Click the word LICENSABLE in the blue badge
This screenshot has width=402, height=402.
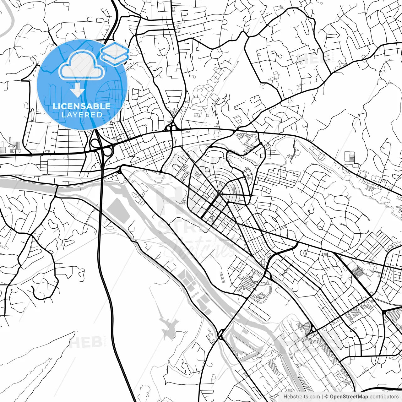coord(82,106)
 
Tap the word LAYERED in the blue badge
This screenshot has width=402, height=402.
coord(82,115)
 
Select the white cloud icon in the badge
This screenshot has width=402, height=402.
coord(82,65)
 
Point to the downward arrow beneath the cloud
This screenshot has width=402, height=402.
coord(77,90)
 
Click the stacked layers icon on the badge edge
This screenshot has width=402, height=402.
coord(115,53)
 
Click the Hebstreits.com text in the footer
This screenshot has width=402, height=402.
coord(301,397)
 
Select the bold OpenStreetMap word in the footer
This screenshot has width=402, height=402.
coord(349,397)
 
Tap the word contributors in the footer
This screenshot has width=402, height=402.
coord(384,397)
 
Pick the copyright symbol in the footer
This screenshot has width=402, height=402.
coord(327,397)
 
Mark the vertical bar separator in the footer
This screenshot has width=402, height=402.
coord(323,397)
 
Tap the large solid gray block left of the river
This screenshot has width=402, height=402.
coord(118,210)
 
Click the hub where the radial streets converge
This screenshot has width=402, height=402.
coord(219,194)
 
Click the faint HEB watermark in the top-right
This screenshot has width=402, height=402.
coord(311,58)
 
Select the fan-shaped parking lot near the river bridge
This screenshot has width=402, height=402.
coord(260,297)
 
